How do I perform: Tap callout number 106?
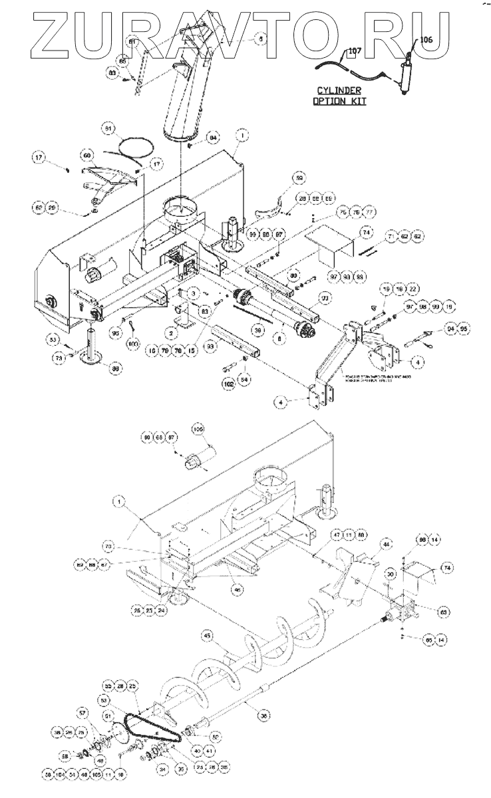point(425,40)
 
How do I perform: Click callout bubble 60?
point(87,156)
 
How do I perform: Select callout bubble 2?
point(171,331)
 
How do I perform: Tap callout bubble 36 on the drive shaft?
point(264,716)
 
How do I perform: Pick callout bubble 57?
point(83,714)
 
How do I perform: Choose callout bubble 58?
point(65,756)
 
